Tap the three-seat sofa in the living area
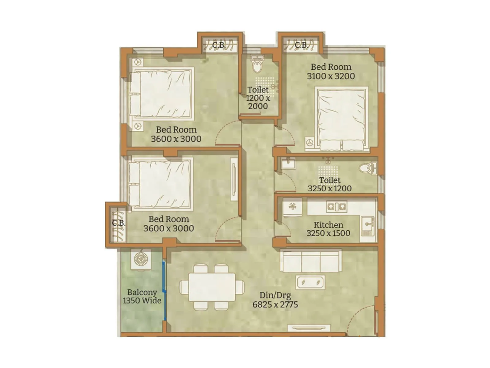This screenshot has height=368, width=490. pos(311,261)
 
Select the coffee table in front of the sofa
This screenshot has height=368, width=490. pos(310,282)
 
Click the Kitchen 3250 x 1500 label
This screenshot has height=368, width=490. pos(328,229)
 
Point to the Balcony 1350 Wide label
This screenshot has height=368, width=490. pos(142,297)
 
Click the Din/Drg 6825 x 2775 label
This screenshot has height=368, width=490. pos(275,300)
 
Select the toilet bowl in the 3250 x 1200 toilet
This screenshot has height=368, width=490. pos(367,168)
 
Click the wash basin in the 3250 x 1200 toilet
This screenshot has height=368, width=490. pos(288,164)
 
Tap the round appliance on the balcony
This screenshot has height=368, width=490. pos(141,259)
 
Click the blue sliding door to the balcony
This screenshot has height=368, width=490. pos(164,291)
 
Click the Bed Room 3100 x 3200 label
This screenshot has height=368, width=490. pos(331,71)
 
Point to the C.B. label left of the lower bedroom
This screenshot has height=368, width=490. pos(118,223)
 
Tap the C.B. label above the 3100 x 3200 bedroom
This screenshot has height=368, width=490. pos(301,45)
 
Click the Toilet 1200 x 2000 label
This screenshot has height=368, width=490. pos(258,98)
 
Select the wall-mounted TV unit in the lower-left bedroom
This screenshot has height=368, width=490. pos(234,179)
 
